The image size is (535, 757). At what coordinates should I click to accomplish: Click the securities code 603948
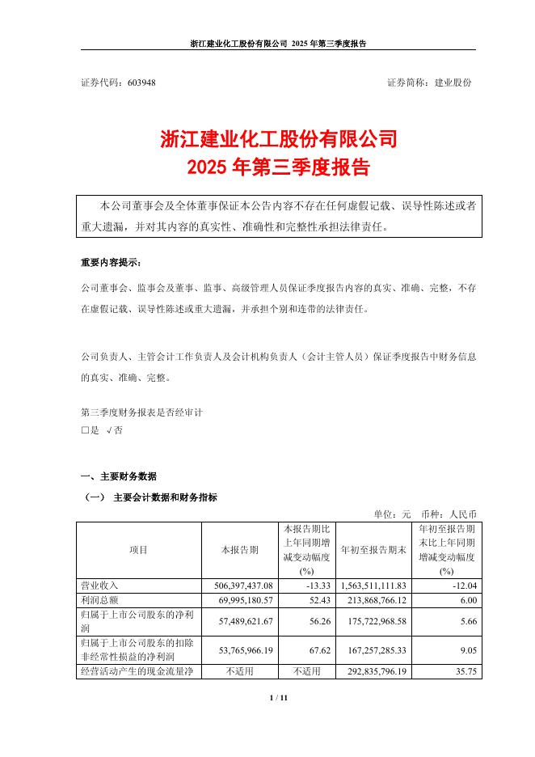tap(141, 82)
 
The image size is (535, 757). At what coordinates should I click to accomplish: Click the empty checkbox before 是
tap(85, 431)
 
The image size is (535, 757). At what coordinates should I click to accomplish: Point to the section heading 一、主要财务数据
tap(119, 476)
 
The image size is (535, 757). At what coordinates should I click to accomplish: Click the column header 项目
tap(138, 550)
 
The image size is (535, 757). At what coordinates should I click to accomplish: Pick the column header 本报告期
tap(240, 550)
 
